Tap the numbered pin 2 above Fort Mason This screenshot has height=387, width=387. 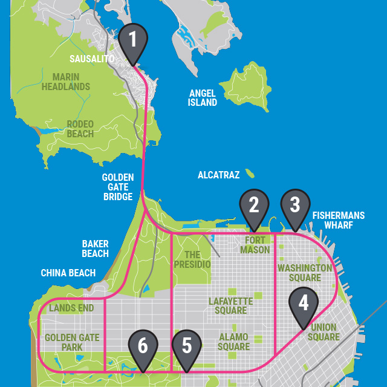pos(254,206)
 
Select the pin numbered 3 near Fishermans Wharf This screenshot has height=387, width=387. pos(294,206)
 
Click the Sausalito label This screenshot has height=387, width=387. pos(92,59)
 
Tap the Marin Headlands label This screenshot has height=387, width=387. pos(66,82)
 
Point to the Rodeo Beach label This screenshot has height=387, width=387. pos(80,129)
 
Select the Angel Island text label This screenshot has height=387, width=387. pos(203,98)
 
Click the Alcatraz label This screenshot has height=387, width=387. pos(218,175)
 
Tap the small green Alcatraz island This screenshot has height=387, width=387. pos(250,174)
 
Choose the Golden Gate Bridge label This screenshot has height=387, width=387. pos(117,187)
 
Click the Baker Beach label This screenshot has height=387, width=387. pos(95,249)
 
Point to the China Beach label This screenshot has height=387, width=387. pos(68,273)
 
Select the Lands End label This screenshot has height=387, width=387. pos(71,308)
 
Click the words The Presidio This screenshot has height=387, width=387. pos(192,259)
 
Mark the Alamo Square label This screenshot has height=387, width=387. pos(233,342)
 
